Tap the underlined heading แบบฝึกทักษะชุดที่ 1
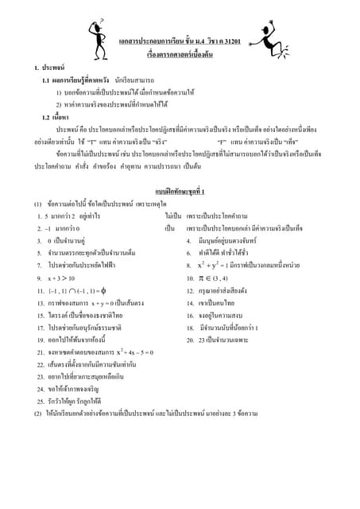(x=180, y=192)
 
